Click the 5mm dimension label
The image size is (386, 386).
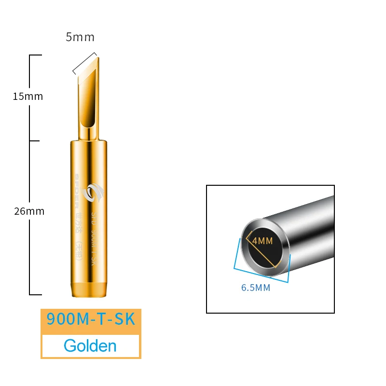pyautogui.click(x=80, y=37)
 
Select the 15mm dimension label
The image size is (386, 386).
pyautogui.click(x=28, y=96)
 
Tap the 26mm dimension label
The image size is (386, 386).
pyautogui.click(x=29, y=211)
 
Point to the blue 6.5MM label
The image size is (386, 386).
pyautogui.click(x=256, y=288)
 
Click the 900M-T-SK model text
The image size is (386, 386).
pyautogui.click(x=91, y=319)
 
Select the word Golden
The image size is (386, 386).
pyautogui.click(x=90, y=346)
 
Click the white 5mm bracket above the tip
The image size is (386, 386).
pyautogui.click(x=85, y=63)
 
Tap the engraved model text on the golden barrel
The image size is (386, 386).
pyautogui.click(x=95, y=236)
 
